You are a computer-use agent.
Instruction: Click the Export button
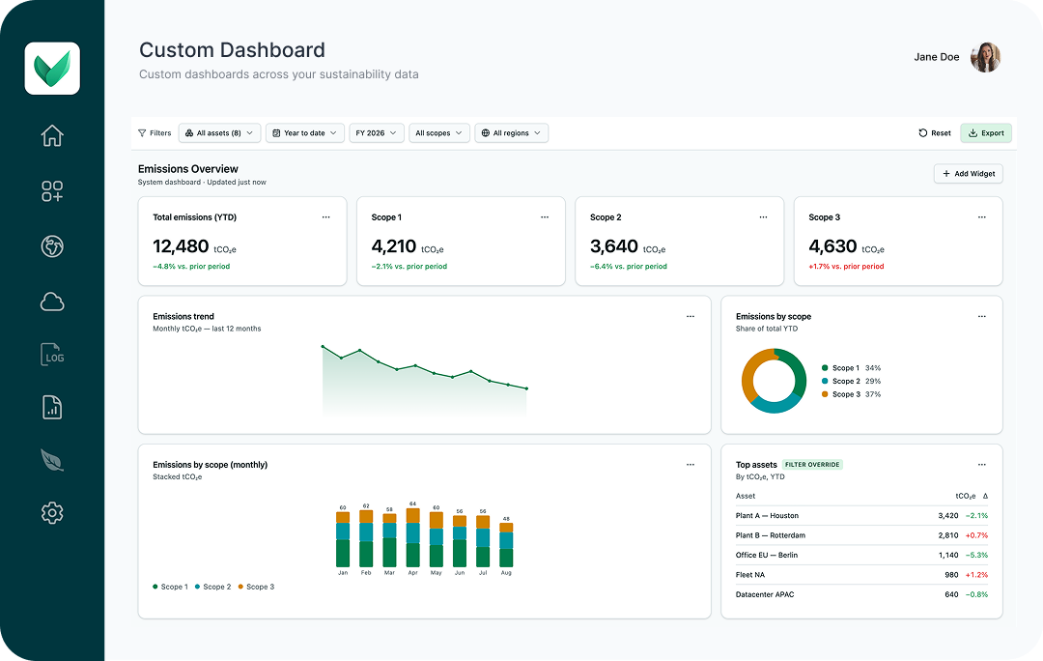986,133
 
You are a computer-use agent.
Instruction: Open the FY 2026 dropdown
376,133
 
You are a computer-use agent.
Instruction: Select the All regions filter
511,133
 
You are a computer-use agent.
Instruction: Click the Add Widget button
968,174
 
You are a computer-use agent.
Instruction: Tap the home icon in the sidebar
52,136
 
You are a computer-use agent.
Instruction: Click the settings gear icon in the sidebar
52,512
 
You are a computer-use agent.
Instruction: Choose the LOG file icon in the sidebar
52,354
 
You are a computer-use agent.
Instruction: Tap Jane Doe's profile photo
985,57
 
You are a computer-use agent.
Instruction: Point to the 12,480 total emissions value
181,246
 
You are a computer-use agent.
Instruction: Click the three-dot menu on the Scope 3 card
982,217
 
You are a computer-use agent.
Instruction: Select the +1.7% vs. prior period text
846,267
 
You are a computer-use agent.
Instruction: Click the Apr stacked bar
413,538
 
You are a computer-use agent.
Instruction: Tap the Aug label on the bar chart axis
506,572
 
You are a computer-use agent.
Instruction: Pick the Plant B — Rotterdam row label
771,535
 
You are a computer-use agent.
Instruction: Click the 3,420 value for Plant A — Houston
948,516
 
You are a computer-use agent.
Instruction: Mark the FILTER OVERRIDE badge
812,465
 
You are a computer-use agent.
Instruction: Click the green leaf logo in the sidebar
52,69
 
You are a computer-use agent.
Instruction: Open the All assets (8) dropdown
219,133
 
